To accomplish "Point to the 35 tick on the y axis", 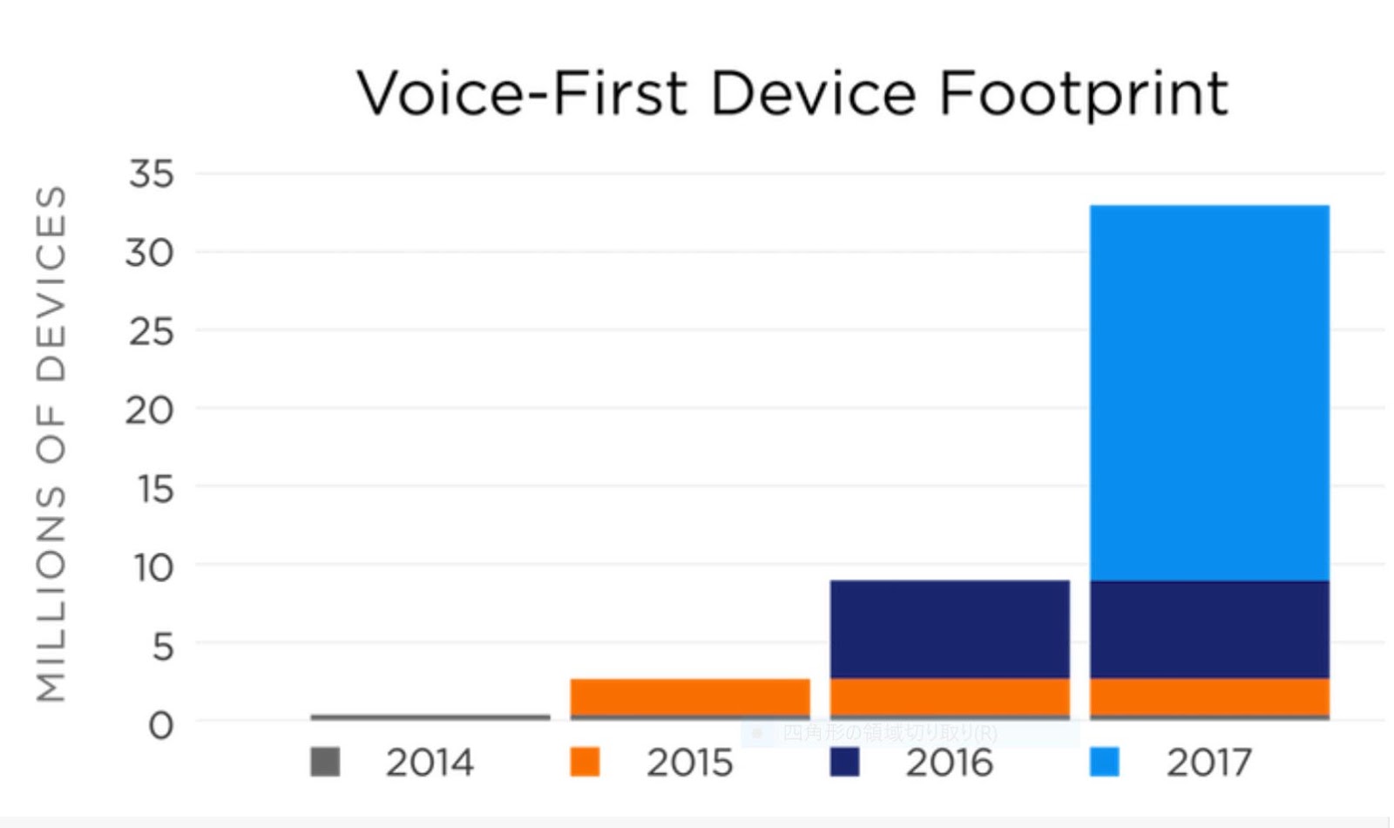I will click(152, 173).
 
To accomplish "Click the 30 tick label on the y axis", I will click(150, 253).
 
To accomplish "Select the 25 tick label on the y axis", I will click(152, 331).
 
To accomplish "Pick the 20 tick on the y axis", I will click(150, 410).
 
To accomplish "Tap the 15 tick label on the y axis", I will click(155, 489).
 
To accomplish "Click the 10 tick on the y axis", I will click(153, 567).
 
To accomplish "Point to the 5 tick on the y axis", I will click(162, 647).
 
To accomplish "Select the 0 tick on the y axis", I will click(160, 725).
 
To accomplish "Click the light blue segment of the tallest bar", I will click(1209, 392).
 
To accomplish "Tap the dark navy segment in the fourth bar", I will click(1209, 629).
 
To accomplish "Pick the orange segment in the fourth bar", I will click(1209, 696).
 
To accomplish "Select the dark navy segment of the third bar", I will click(950, 629).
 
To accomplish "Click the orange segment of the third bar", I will click(950, 696).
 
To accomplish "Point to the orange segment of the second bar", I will click(690, 696).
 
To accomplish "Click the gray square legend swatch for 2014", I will click(325, 762).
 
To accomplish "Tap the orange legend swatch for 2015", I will click(585, 762).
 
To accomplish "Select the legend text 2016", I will click(949, 763).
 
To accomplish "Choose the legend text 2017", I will click(1208, 763).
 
